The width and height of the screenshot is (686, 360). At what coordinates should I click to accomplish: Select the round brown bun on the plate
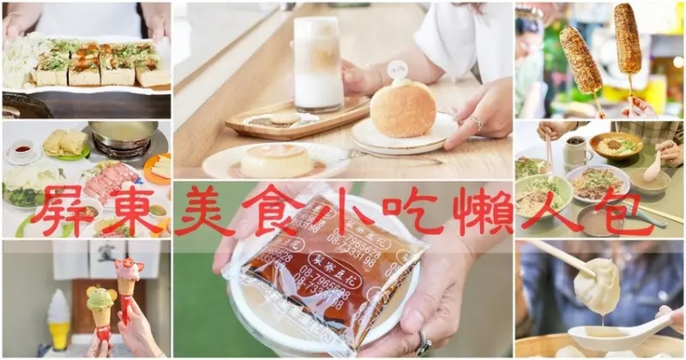[403, 110]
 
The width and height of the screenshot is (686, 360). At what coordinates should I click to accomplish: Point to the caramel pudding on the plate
[276, 160]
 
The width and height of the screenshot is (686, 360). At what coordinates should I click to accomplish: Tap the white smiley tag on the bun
[397, 69]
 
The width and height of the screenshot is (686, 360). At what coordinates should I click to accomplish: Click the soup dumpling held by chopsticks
[597, 286]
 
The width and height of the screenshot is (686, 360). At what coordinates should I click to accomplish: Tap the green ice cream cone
[102, 305]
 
